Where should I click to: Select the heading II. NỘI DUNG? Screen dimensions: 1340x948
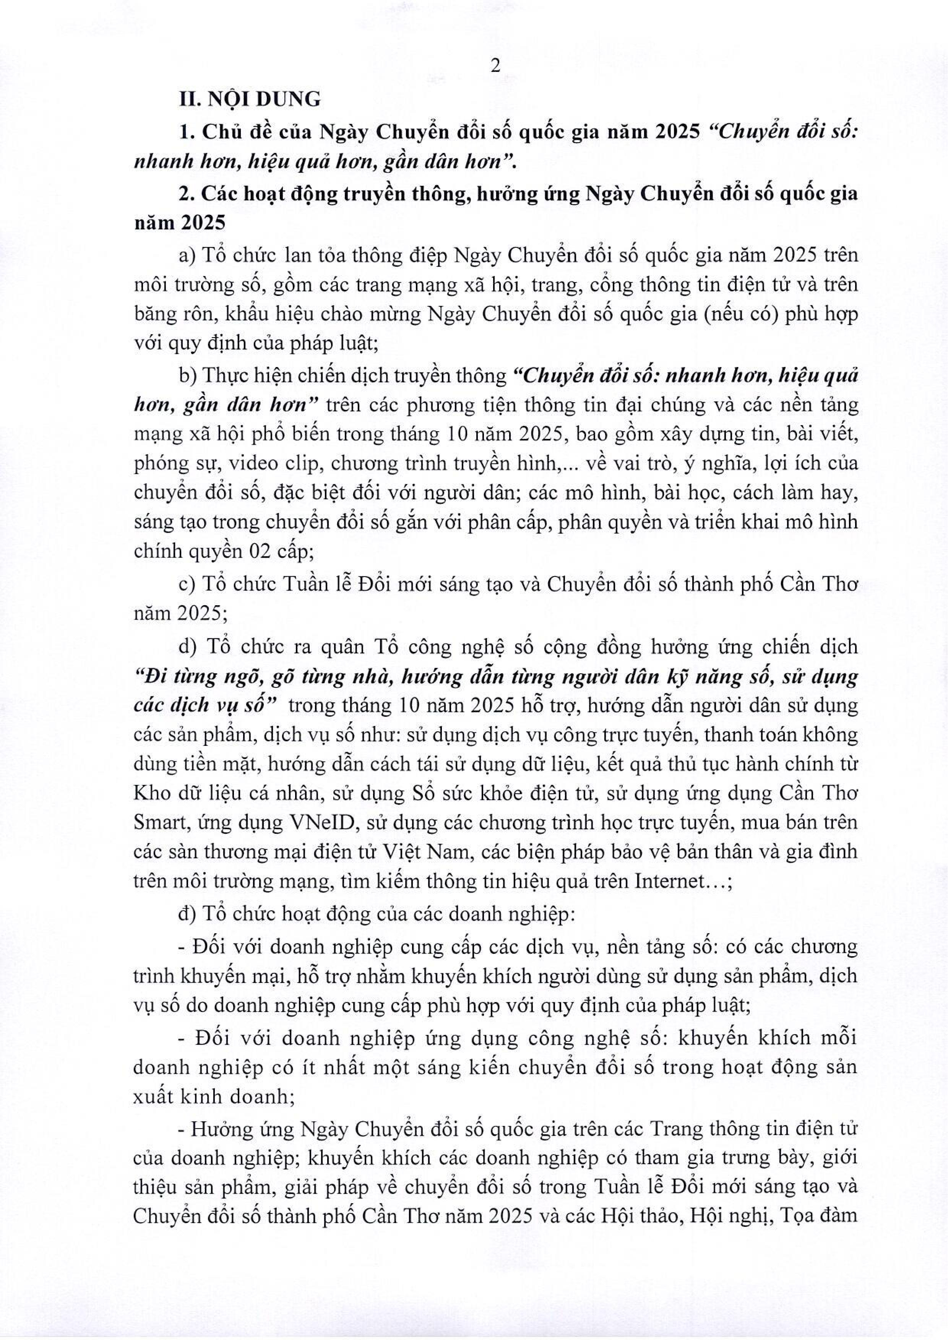[x=250, y=99]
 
